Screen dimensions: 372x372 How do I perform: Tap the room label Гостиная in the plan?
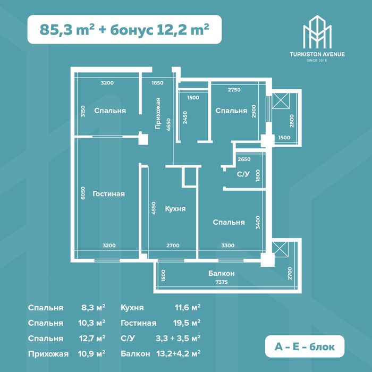point(108,194)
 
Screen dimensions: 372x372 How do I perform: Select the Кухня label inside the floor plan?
point(175,209)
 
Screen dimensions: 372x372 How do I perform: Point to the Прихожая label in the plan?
point(158,113)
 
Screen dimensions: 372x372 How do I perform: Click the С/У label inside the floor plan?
point(243,174)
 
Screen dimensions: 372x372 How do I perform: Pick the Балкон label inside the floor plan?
point(222,274)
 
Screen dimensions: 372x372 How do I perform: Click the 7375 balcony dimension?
point(222,282)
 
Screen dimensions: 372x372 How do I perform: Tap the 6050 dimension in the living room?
point(82,193)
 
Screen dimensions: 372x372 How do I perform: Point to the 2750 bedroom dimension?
point(234,90)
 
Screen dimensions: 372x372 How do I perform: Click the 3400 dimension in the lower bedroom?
point(258,222)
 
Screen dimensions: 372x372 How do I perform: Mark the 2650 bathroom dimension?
point(244,159)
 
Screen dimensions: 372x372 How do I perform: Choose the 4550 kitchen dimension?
point(154,208)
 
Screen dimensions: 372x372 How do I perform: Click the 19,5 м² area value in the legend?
point(187,323)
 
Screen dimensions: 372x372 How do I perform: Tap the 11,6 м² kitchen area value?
point(188,308)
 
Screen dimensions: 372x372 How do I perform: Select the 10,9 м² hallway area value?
point(91,354)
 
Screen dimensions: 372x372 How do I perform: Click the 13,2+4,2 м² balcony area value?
point(179,354)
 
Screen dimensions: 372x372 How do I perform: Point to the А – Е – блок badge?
point(305,346)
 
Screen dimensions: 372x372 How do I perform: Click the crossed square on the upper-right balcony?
point(281,101)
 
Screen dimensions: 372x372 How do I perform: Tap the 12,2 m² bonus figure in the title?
point(183,29)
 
